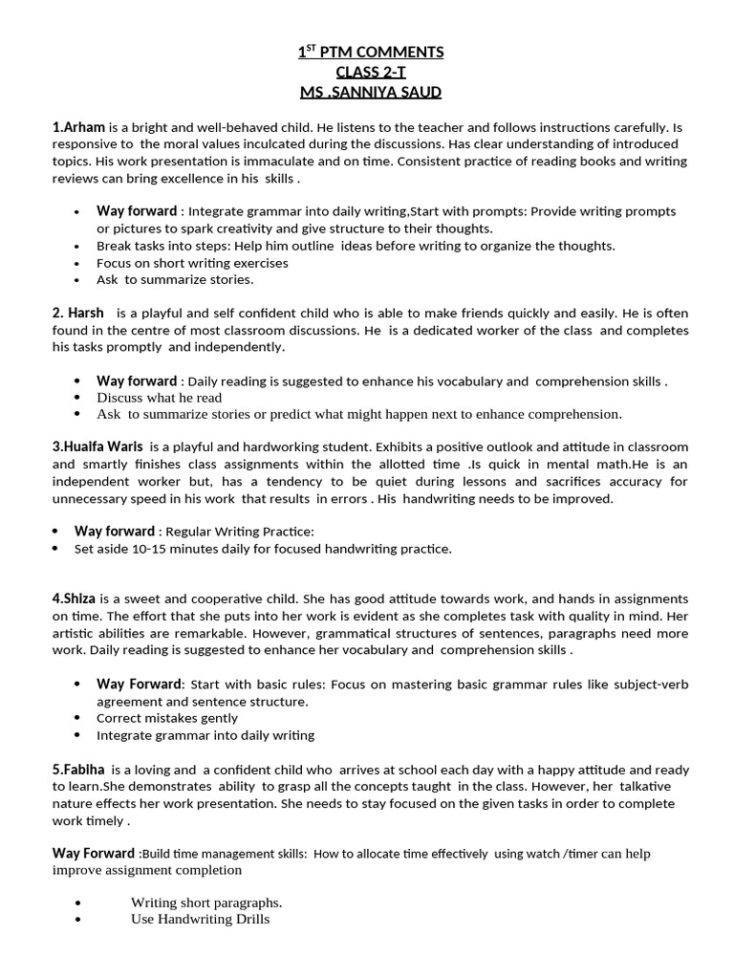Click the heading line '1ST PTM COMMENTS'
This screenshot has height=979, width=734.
pos(370,52)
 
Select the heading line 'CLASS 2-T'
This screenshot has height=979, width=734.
pos(370,72)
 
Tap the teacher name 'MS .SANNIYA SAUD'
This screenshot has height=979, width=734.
pos(370,92)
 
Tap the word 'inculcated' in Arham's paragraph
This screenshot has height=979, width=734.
pos(236,144)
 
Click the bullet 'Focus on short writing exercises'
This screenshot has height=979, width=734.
pos(192,263)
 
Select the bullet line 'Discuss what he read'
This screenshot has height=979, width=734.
pos(159,398)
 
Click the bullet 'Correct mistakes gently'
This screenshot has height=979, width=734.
pos(167,718)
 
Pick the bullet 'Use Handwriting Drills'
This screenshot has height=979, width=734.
pos(200,919)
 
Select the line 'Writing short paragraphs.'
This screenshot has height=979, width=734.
pos(206,902)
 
